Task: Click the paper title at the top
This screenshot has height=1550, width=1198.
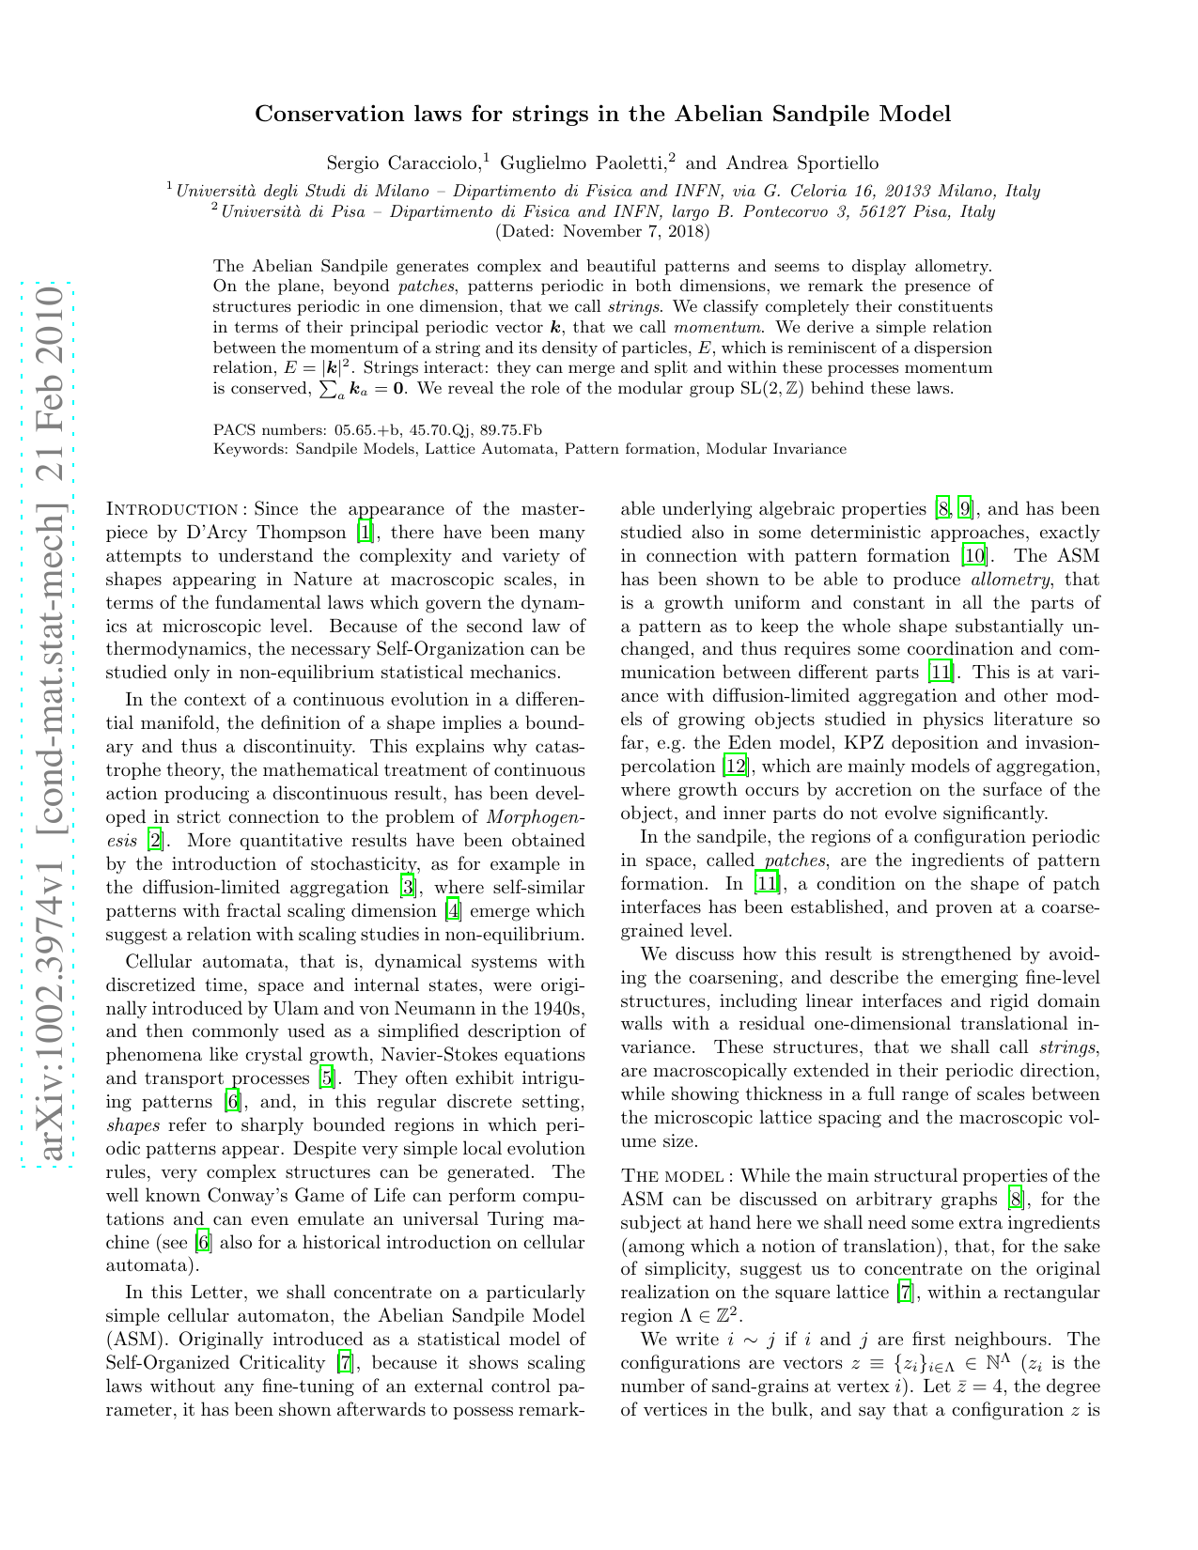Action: point(602,115)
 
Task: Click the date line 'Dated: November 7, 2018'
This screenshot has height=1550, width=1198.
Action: point(602,231)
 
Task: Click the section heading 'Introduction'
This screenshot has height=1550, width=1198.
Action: point(175,510)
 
